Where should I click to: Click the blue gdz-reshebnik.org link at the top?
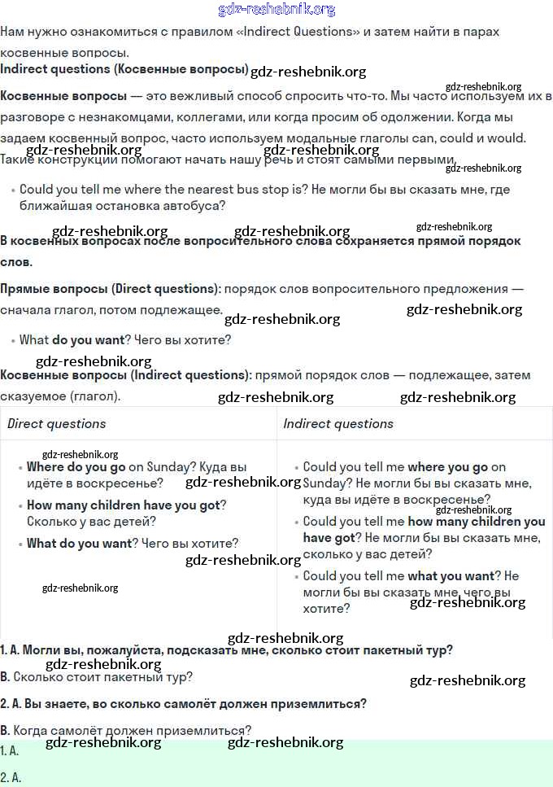pos(276,10)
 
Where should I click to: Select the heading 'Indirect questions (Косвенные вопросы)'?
pos(124,69)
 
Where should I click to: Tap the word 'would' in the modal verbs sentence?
pos(507,138)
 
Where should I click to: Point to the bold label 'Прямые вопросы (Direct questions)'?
pos(110,289)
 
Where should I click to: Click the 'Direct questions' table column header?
pos(56,423)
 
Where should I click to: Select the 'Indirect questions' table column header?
pos(337,423)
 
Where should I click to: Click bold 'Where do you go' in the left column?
pos(76,467)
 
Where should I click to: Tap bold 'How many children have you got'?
pos(123,505)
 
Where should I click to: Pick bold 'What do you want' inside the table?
pos(79,543)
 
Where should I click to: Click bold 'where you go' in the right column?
pos(447,467)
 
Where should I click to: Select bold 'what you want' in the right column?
pos(451,575)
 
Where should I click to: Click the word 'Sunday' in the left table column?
pos(170,467)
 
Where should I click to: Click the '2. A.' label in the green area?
pos(11,777)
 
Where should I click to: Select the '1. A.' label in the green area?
pos(10,750)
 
